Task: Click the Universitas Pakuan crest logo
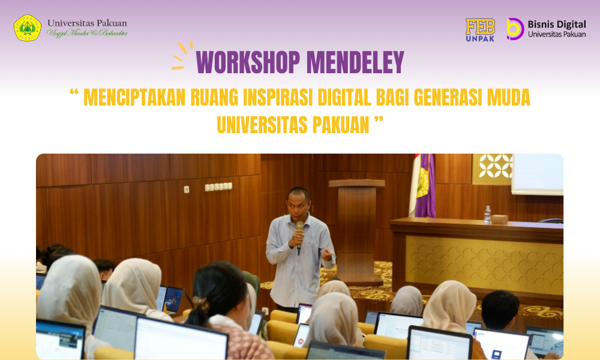(x=28, y=28)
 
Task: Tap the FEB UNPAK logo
(x=480, y=29)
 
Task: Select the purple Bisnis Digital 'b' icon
(x=515, y=29)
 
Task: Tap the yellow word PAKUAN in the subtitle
(x=340, y=125)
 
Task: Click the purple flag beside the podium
(x=425, y=186)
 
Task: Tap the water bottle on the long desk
(x=487, y=214)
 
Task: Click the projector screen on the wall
(x=537, y=173)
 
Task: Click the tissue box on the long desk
(x=499, y=219)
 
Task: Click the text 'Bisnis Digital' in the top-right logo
(x=556, y=24)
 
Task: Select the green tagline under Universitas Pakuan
(x=87, y=34)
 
